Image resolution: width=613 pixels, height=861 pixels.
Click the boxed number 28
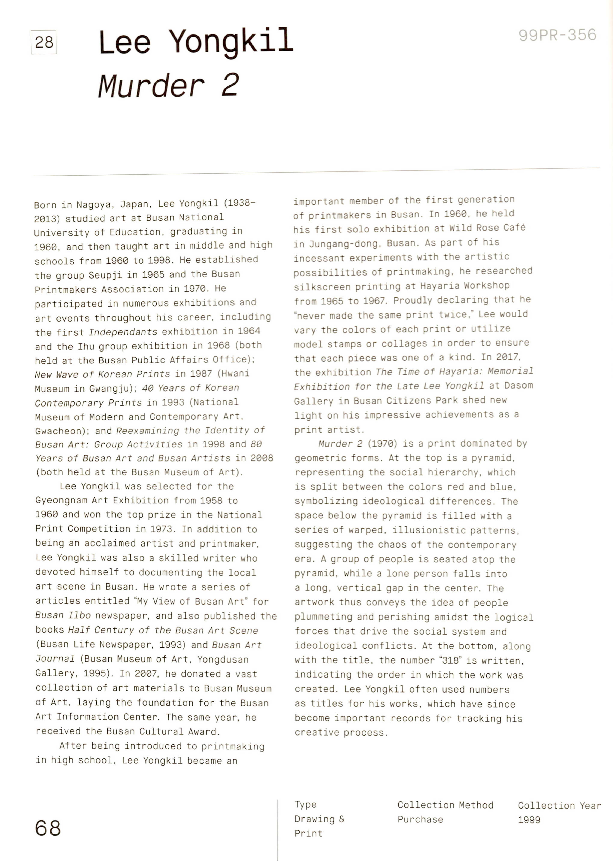coord(44,42)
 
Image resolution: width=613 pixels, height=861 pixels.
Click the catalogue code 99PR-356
coord(557,35)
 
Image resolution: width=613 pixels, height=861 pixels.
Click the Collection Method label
coord(445,805)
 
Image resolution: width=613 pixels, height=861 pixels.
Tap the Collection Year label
coord(559,806)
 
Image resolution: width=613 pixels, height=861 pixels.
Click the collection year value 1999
coord(529,820)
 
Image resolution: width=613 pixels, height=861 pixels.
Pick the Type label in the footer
coord(305,805)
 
